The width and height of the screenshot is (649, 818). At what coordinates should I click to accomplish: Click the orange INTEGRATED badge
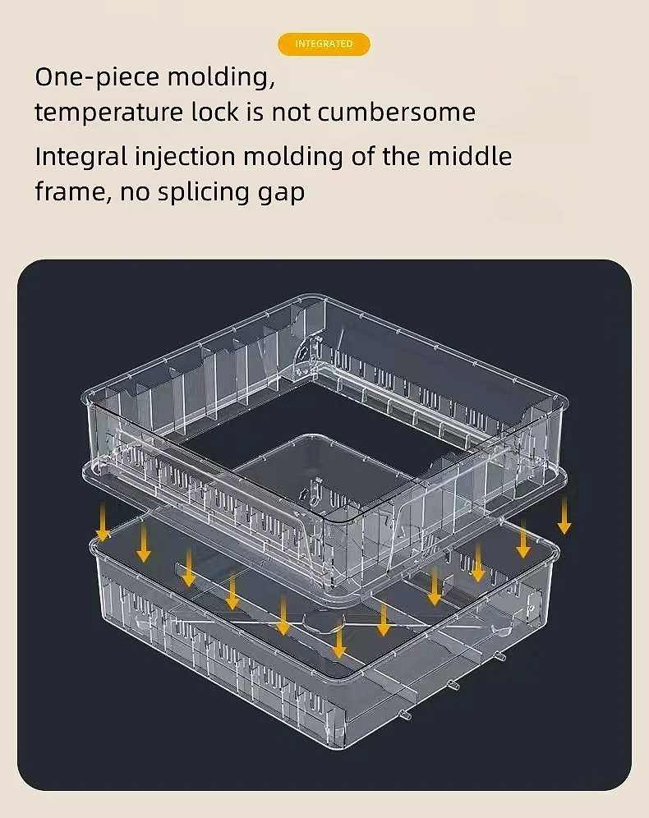pyautogui.click(x=324, y=44)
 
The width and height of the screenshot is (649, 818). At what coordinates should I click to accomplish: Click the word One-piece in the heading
pyautogui.click(x=97, y=78)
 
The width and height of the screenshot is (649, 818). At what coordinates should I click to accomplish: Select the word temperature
pyautogui.click(x=109, y=113)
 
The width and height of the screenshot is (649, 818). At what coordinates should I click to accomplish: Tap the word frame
pyautogui.click(x=73, y=192)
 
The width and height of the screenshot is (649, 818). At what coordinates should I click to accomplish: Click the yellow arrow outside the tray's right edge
pyautogui.click(x=564, y=516)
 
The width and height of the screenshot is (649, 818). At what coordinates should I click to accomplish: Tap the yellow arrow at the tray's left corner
pyautogui.click(x=104, y=523)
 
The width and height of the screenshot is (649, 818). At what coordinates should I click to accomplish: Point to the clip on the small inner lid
pyautogui.click(x=314, y=492)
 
